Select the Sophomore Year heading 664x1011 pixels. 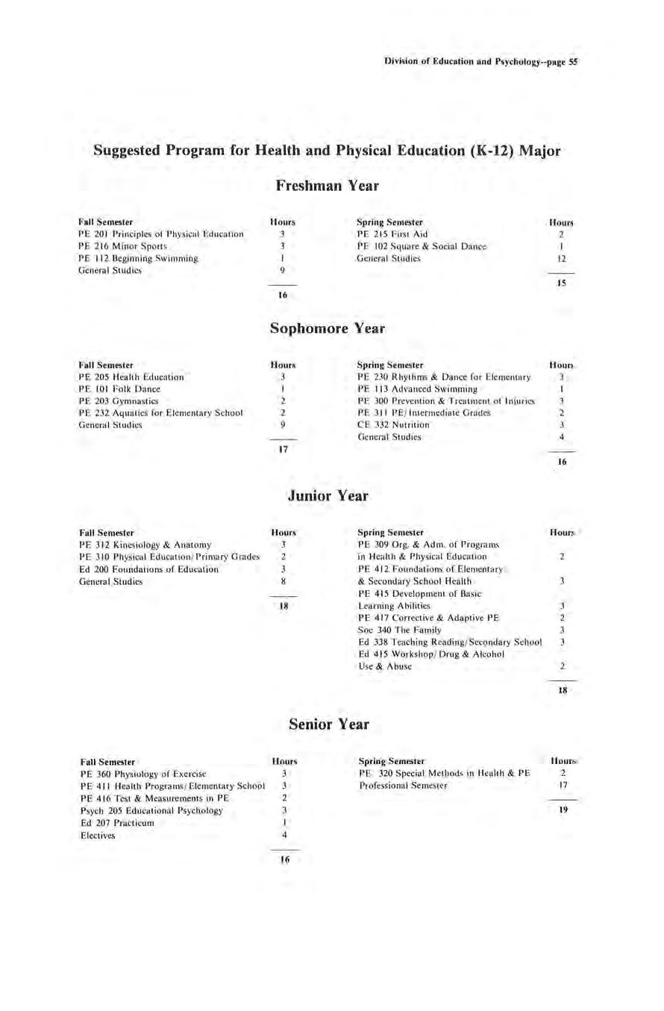tap(331, 328)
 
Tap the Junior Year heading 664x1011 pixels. tap(331, 495)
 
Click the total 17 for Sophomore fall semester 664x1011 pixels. tap(283, 449)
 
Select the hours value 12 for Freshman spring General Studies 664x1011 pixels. tap(563, 258)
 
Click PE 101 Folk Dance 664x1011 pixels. tap(119, 389)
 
